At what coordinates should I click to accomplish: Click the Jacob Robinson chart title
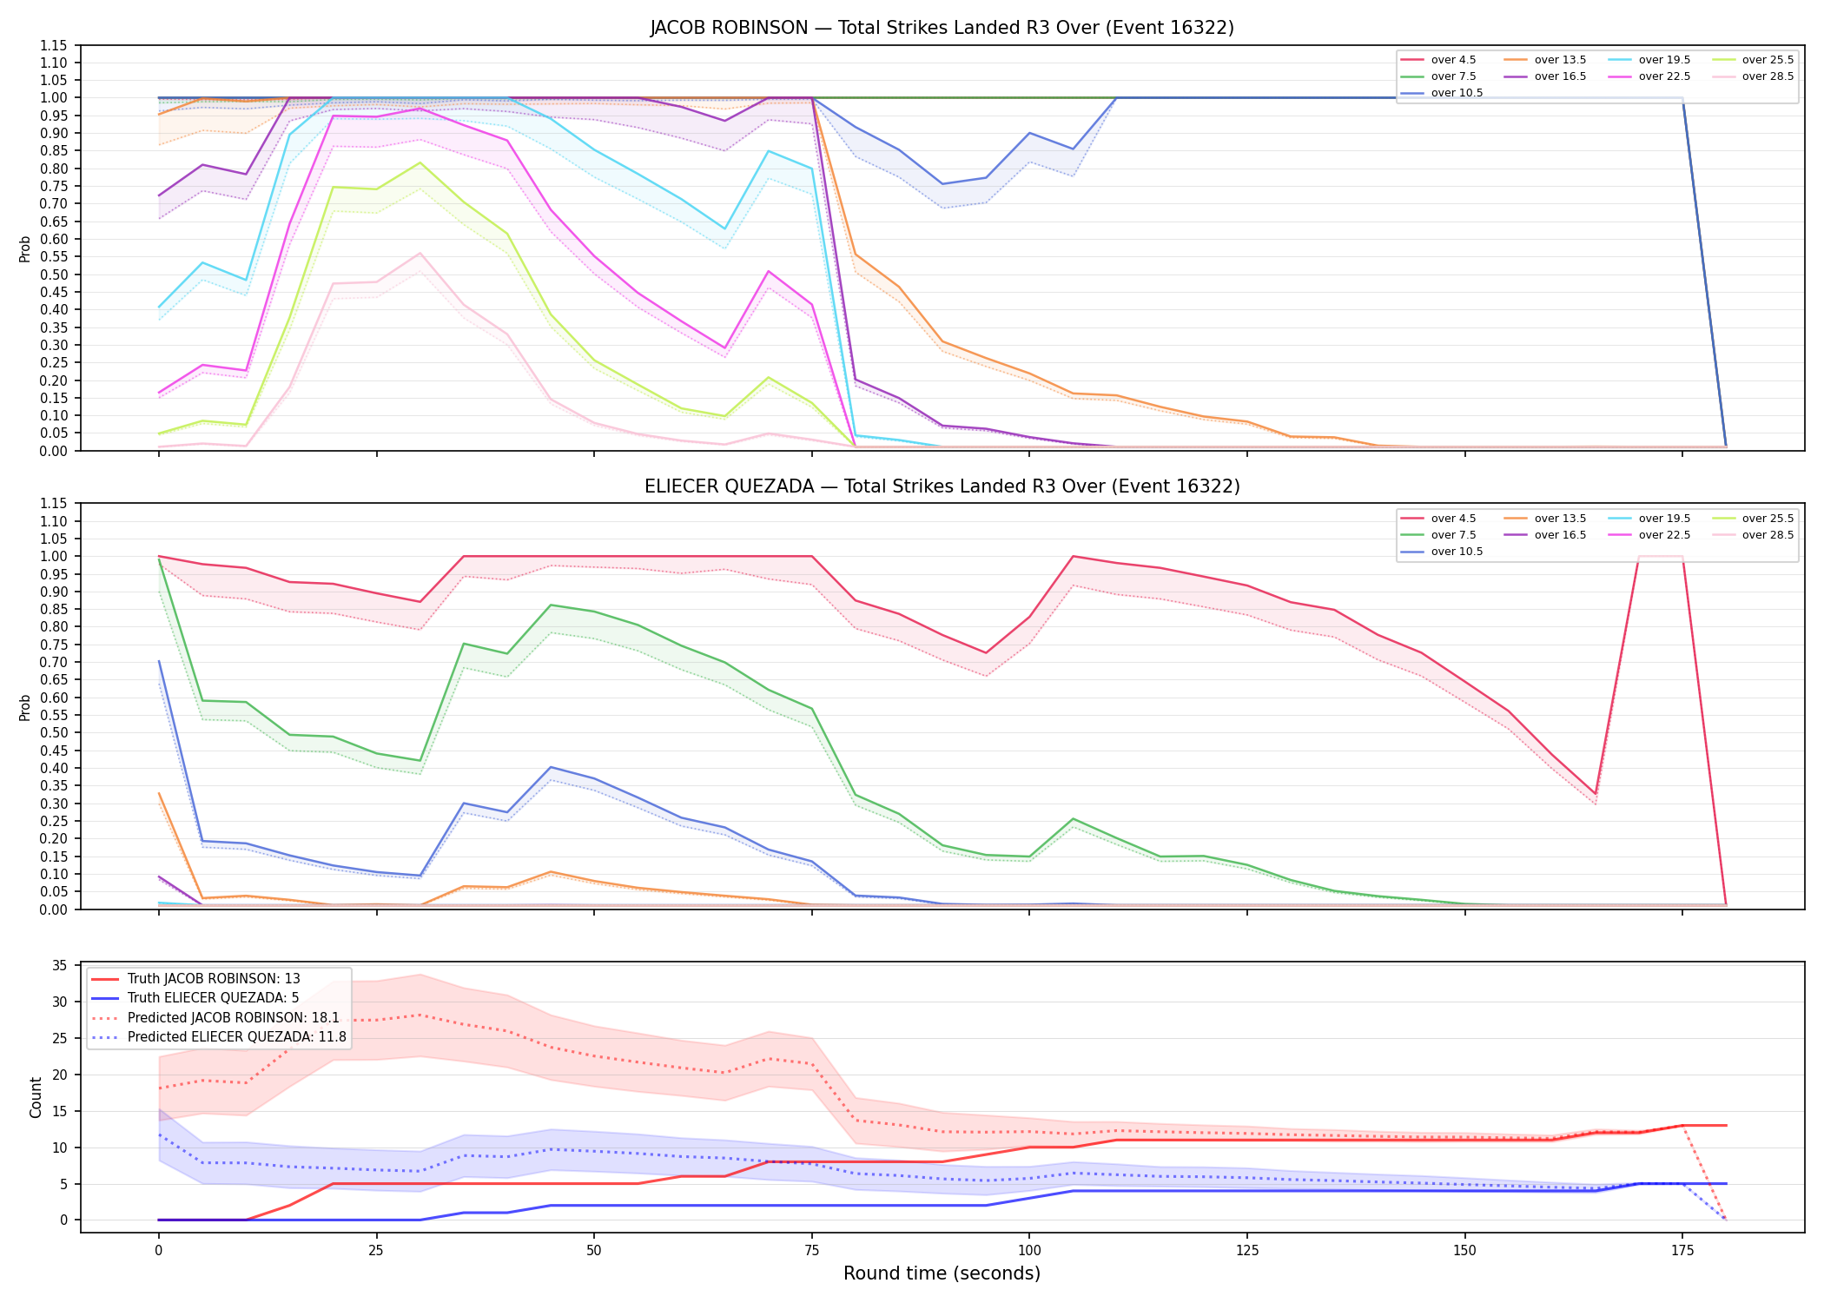coord(942,28)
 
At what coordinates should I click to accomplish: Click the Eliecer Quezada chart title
coord(942,486)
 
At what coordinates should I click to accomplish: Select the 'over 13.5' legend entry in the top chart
coord(1546,60)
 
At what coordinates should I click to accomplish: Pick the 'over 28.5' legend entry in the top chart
coord(1754,76)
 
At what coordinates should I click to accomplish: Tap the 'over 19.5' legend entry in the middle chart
coord(1650,519)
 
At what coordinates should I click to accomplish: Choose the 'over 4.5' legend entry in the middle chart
coord(1438,519)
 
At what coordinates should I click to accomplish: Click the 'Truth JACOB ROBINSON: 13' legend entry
coord(196,979)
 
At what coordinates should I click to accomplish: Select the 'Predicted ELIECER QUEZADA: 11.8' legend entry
coord(219,1037)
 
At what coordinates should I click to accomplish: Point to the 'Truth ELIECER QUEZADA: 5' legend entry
coord(195,998)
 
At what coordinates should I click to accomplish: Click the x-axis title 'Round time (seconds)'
coord(942,1273)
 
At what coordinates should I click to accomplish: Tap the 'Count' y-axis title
coord(36,1097)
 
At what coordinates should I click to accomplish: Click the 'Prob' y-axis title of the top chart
coord(25,248)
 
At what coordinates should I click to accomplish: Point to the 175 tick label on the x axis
coord(1682,1251)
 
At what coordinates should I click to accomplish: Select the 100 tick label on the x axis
coord(1029,1251)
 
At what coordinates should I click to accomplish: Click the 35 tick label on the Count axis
coord(60,966)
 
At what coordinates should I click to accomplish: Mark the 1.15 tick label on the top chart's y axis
coord(55,45)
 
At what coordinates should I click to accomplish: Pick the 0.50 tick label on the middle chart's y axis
coord(55,732)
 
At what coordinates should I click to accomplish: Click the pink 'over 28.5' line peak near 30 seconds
coord(420,253)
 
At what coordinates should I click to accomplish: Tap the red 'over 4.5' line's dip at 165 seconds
coord(1596,794)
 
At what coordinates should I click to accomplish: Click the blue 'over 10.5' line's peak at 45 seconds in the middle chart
coord(551,767)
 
